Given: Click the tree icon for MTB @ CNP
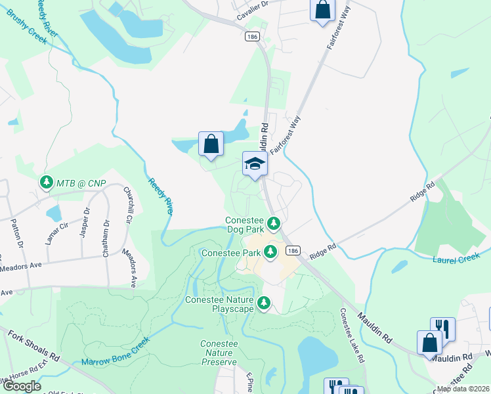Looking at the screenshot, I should (46, 182).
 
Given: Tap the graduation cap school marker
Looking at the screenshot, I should (255, 164).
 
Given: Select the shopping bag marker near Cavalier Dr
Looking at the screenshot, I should (322, 11).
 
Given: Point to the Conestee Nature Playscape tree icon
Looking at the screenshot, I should (263, 303).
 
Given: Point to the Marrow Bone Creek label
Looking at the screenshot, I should (116, 352).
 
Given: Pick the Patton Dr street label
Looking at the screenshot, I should (16, 234).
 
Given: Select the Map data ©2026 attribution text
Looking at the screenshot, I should (463, 389).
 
